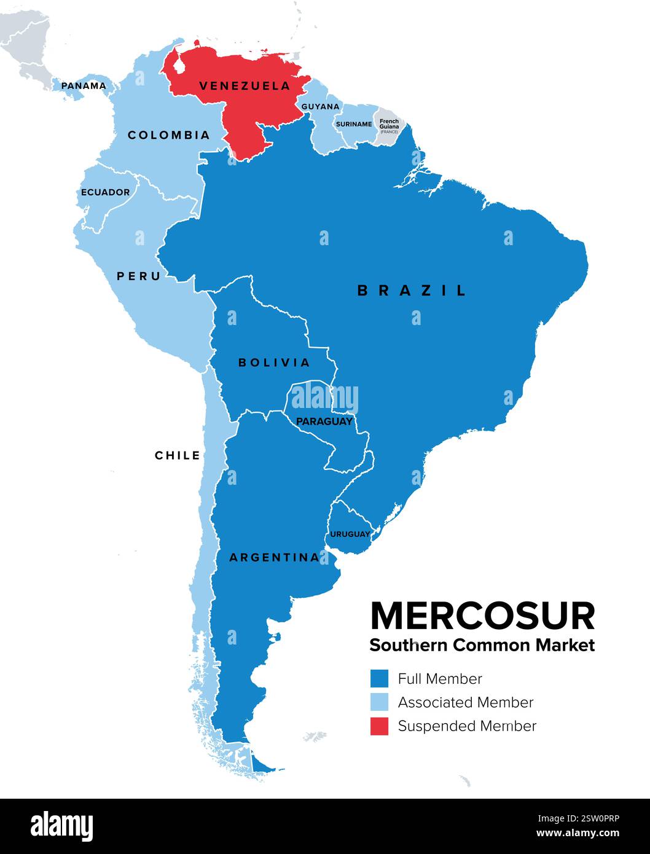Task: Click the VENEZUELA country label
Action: click(x=245, y=86)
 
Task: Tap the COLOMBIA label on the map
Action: click(x=168, y=135)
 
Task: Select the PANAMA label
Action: click(x=84, y=86)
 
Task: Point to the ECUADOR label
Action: click(x=106, y=192)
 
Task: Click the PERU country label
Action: click(x=139, y=276)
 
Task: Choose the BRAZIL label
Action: click(x=412, y=291)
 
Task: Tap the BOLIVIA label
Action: click(x=274, y=362)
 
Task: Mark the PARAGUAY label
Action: click(x=324, y=421)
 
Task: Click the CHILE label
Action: click(x=178, y=455)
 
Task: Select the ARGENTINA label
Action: click(x=274, y=558)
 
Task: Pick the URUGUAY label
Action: click(x=350, y=534)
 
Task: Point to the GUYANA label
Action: click(x=320, y=106)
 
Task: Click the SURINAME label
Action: click(x=354, y=124)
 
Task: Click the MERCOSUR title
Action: click(x=482, y=616)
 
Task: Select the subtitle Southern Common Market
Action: click(x=482, y=645)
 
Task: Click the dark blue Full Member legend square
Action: click(x=379, y=678)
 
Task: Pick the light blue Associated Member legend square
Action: click(x=379, y=702)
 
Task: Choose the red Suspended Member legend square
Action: click(x=379, y=726)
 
